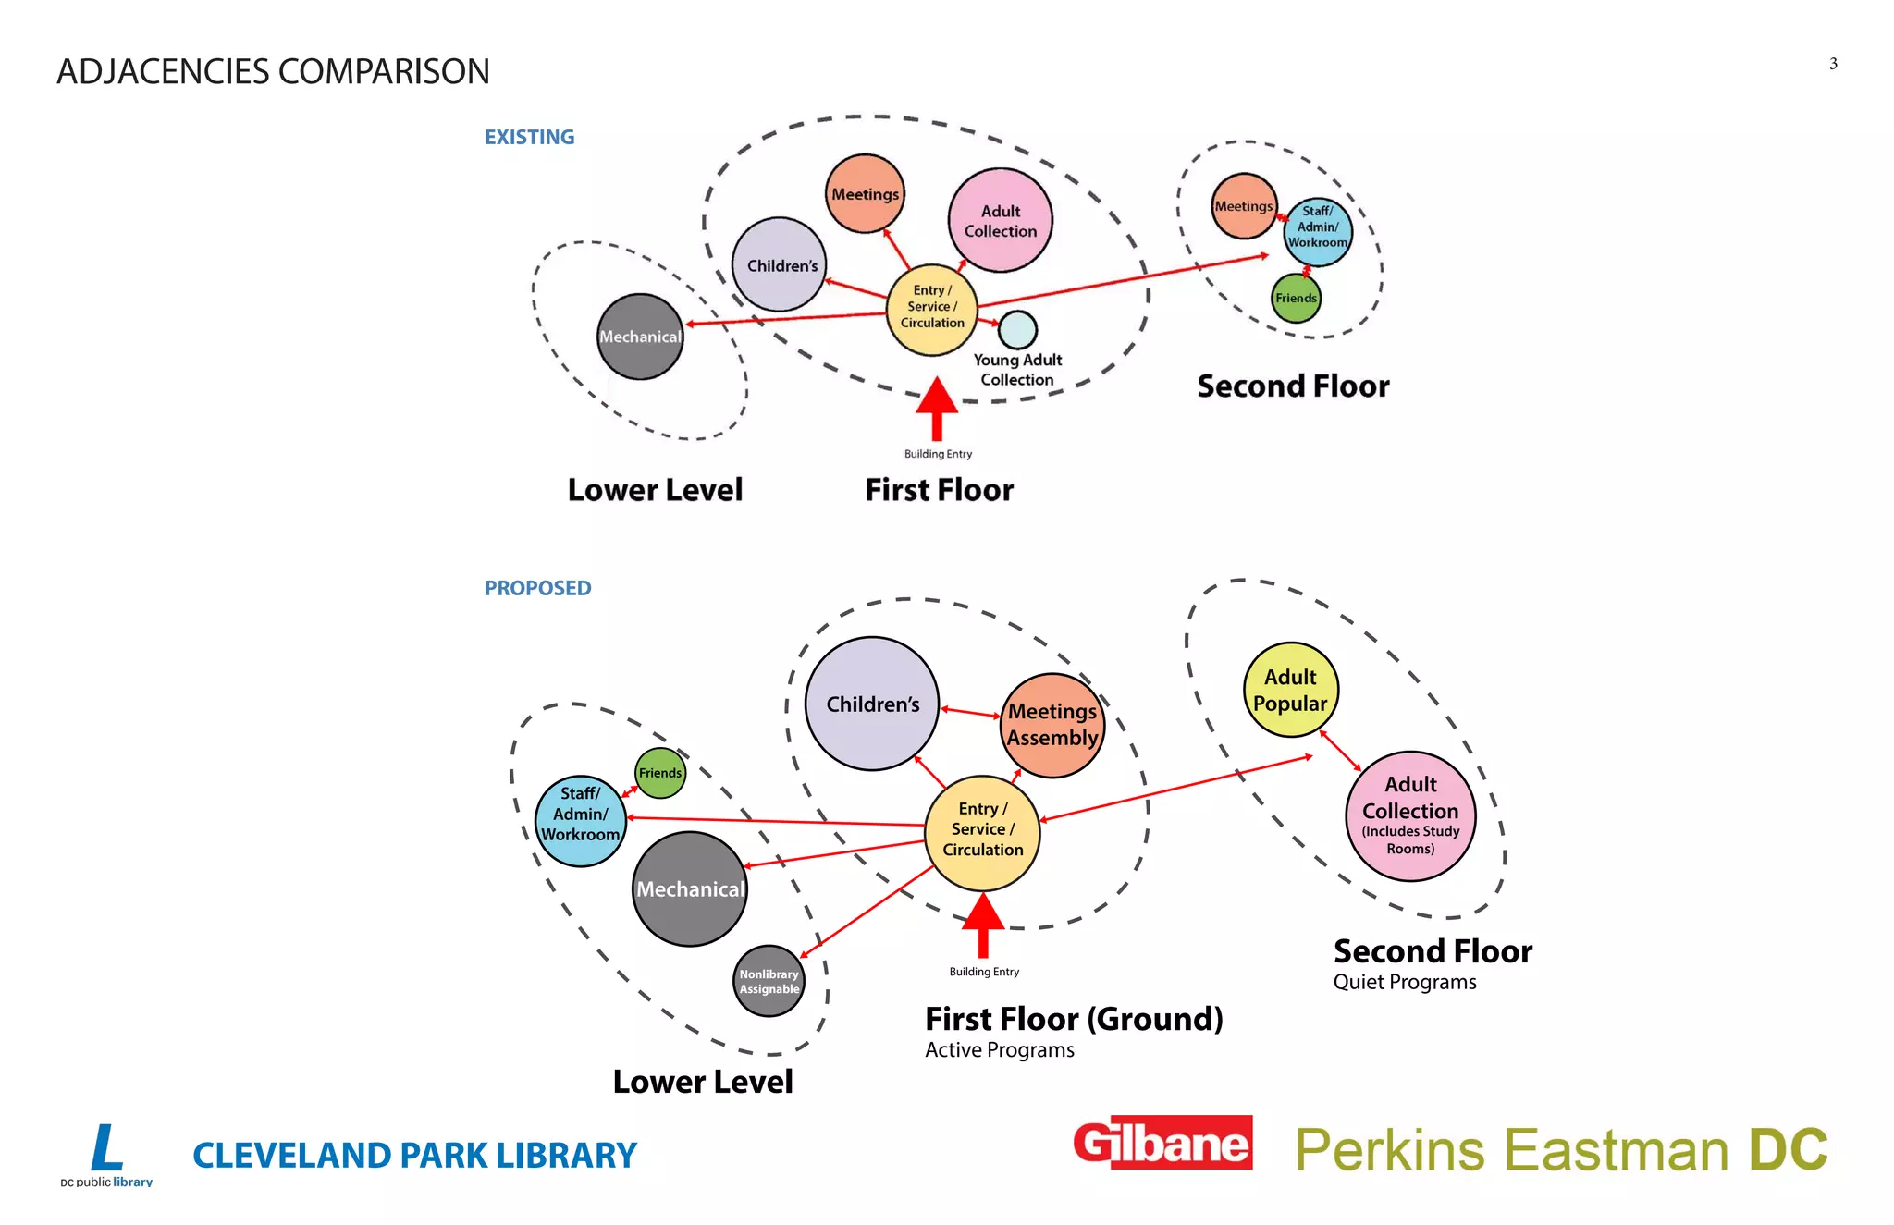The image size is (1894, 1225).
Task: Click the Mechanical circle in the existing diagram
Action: [640, 337]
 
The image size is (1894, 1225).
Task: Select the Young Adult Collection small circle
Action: [1017, 329]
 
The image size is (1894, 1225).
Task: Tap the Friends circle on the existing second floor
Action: [1296, 298]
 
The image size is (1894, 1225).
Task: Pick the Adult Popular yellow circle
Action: [1290, 690]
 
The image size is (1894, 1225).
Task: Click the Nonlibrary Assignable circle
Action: [769, 981]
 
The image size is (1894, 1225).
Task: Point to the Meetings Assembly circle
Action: [1052, 725]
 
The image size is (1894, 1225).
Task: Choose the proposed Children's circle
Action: [872, 704]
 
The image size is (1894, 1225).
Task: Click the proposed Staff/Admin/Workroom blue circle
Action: [581, 821]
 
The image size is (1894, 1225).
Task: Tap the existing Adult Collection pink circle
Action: [1001, 220]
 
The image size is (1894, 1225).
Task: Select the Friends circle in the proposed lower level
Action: [660, 773]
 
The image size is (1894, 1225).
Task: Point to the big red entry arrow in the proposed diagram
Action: [983, 925]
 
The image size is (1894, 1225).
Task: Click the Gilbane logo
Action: [1162, 1144]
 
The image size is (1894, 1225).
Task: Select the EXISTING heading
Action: [529, 137]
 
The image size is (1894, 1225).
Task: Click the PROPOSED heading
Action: [537, 588]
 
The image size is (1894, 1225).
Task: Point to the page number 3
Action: [1833, 64]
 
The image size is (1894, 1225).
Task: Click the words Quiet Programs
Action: [1404, 982]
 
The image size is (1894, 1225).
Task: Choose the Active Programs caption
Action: [1000, 1050]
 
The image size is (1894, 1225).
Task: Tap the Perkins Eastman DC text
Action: [1561, 1149]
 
